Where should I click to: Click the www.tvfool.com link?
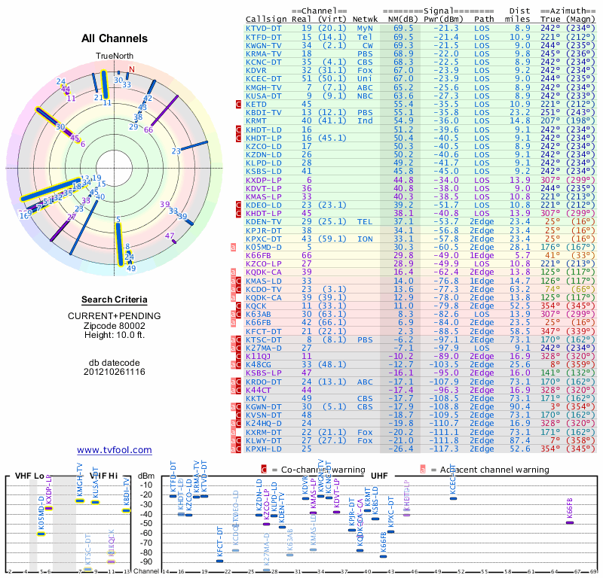click(115, 450)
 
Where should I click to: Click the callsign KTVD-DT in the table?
click(264, 28)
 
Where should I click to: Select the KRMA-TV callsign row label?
click(264, 53)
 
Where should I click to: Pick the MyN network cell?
click(365, 28)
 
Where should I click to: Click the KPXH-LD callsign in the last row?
click(264, 449)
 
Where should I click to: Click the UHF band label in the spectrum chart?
click(379, 476)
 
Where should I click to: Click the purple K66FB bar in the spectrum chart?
click(570, 522)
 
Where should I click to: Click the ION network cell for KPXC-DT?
click(365, 239)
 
